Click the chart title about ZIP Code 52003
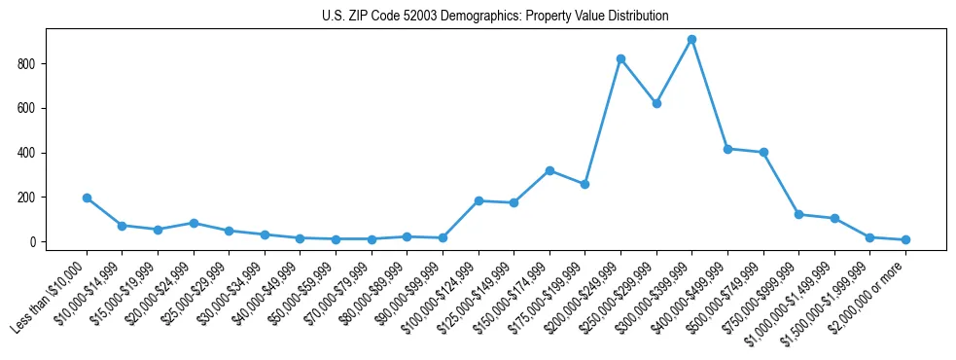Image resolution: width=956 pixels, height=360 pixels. (x=495, y=17)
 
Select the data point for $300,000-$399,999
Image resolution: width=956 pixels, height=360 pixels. (x=691, y=40)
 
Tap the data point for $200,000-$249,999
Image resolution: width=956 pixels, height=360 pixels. (x=620, y=58)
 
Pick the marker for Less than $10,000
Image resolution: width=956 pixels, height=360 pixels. (x=87, y=198)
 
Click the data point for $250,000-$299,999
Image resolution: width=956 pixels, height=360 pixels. (x=656, y=103)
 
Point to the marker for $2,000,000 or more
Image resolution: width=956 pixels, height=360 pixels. (x=905, y=239)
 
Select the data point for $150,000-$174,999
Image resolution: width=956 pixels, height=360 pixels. (x=549, y=170)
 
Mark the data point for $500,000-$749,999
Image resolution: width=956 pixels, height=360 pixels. (x=763, y=152)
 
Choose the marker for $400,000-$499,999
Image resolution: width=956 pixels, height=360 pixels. (x=727, y=149)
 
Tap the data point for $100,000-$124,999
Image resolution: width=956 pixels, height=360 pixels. (x=478, y=200)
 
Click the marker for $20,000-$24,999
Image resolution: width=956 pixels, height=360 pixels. (x=194, y=223)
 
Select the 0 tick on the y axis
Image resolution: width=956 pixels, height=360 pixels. (x=40, y=241)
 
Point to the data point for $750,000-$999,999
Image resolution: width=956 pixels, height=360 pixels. (x=798, y=214)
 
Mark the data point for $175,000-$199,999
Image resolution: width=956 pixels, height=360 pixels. (x=584, y=184)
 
